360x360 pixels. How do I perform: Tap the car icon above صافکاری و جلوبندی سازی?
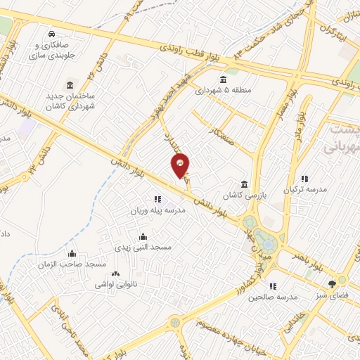[52, 34]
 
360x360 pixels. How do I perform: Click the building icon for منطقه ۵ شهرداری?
[223, 79]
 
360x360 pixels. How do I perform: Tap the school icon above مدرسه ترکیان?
[304, 179]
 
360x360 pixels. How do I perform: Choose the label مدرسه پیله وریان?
[156, 210]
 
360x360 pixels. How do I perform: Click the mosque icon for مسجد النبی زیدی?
[143, 236]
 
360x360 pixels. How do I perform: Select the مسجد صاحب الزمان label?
[72, 264]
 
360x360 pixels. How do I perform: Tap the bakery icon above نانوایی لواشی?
[115, 274]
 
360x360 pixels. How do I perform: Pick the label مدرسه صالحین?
[273, 297]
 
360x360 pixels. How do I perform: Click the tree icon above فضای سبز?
[332, 284]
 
